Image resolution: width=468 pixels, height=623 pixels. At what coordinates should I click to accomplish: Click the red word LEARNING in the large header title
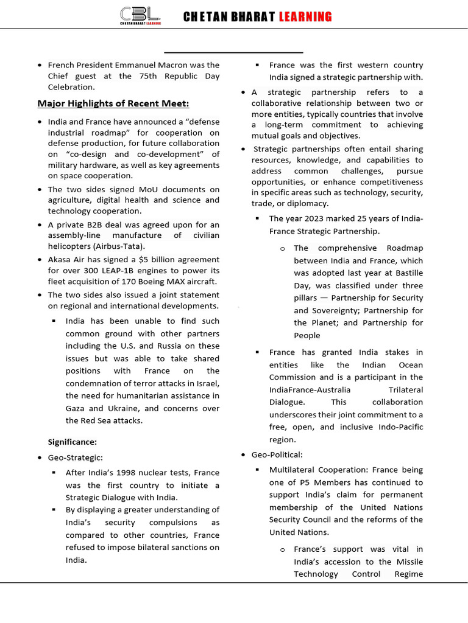[305, 17]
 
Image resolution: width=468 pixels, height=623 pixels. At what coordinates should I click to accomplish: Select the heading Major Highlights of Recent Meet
[113, 103]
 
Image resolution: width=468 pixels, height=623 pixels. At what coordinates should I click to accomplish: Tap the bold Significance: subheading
[73, 442]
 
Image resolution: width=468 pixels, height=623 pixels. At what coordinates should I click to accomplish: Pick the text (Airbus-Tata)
[119, 246]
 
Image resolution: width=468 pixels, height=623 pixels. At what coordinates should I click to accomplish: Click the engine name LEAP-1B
[120, 271]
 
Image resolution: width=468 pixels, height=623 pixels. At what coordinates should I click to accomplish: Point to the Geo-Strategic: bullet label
[76, 457]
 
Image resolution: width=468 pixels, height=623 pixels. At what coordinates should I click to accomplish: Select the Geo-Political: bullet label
[277, 454]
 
